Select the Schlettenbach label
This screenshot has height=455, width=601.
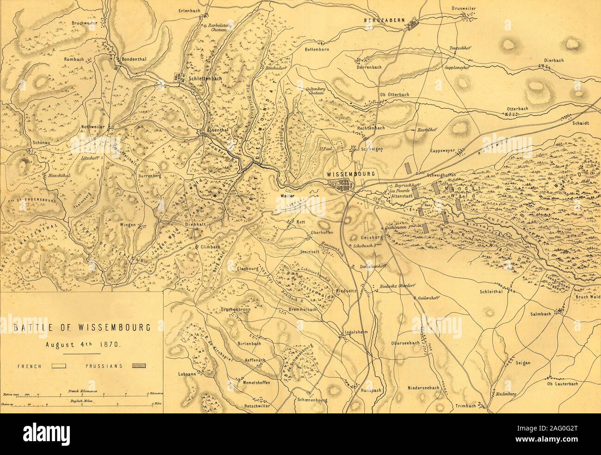coord(205,79)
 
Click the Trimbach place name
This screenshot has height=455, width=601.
coord(465,406)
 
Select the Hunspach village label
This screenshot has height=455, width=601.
coord(370,390)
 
